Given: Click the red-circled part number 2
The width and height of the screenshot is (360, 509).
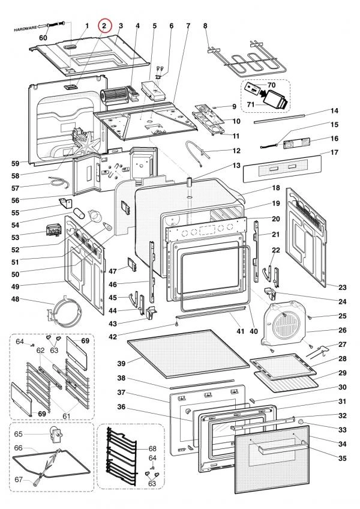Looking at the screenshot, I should coord(104,26).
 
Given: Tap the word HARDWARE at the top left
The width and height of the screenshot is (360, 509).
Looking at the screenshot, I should coord(25,28).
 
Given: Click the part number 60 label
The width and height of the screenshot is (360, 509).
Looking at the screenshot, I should coord(43,37).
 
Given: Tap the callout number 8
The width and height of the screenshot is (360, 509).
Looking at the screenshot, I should coord(205,26).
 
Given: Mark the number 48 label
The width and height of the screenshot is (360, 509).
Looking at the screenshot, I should coord(28,299).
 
